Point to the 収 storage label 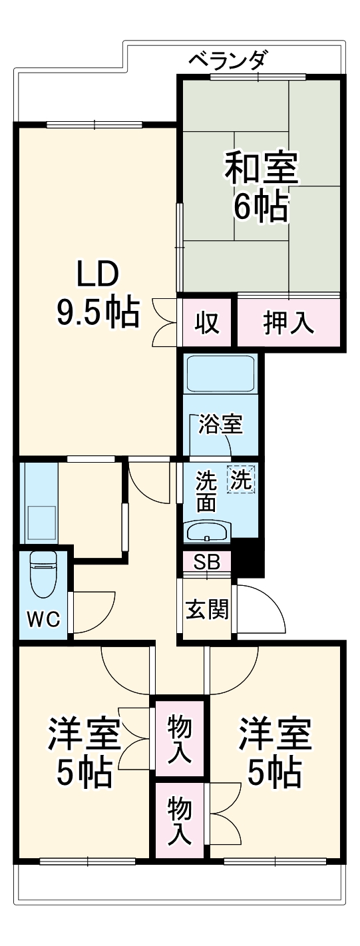(207, 323)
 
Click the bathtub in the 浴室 (220, 373)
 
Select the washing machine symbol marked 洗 (242, 479)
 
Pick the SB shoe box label (207, 562)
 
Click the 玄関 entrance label (207, 608)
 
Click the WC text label (43, 620)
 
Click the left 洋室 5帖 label (83, 752)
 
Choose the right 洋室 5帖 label (275, 752)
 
